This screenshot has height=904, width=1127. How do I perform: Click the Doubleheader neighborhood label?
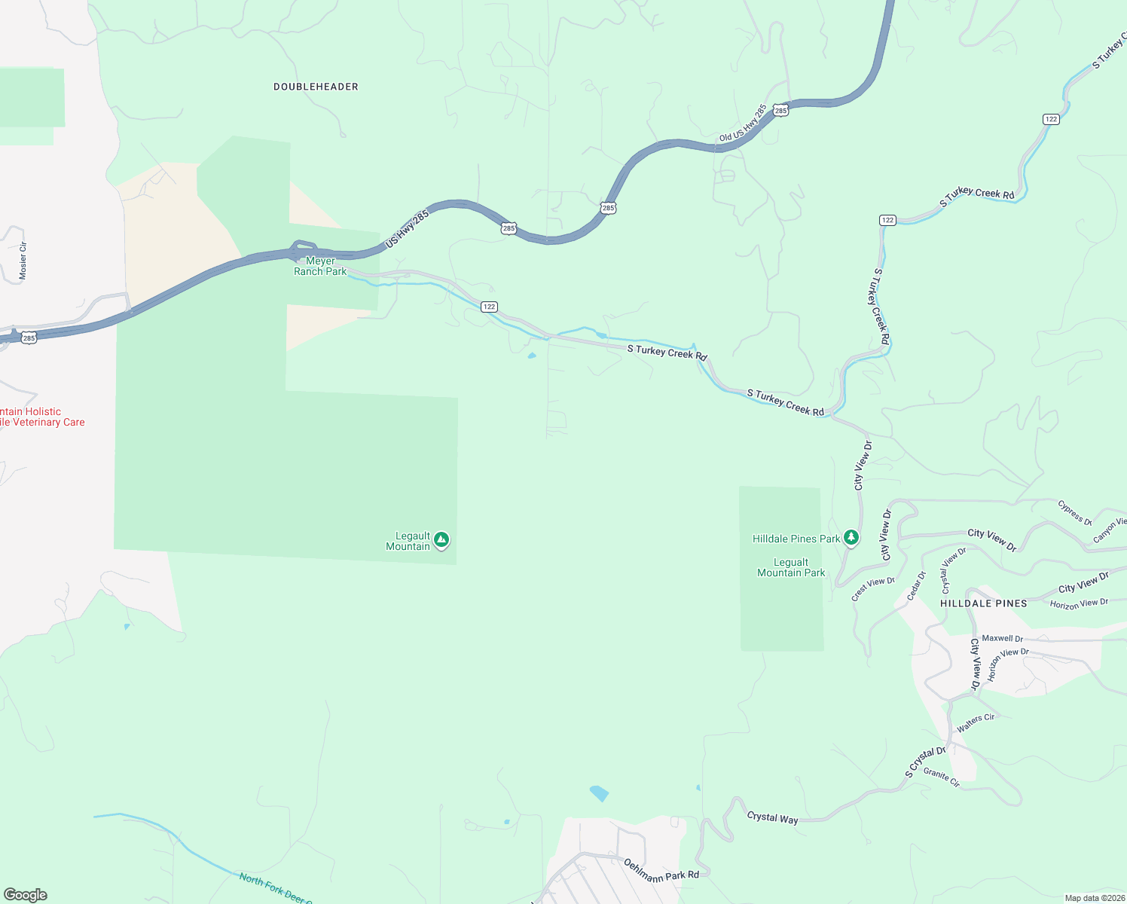point(316,87)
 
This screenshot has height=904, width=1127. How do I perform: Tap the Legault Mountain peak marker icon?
point(441,539)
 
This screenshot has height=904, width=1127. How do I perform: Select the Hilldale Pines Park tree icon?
point(851,537)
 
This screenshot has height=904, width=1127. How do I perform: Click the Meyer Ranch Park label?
point(320,266)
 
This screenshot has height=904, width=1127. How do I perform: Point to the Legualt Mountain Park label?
point(791,567)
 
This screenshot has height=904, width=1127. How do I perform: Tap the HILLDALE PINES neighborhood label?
point(983,603)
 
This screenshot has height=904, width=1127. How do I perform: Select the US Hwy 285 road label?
point(407,229)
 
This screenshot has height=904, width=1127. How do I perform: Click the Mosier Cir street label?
point(23,261)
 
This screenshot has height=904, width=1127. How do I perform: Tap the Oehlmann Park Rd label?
point(661,869)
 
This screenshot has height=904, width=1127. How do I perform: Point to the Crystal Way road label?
point(772,817)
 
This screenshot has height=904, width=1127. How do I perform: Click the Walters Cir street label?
point(976,722)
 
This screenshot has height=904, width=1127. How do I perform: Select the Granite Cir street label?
point(942,777)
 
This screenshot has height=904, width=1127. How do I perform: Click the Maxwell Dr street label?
point(1002,639)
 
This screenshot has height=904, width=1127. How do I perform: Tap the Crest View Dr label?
point(873,588)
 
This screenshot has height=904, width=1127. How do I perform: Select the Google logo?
point(25,895)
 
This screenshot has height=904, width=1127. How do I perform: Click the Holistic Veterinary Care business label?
point(42,417)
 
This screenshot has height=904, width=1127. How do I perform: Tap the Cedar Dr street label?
point(916,586)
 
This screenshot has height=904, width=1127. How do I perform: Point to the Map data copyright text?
point(1095,898)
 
